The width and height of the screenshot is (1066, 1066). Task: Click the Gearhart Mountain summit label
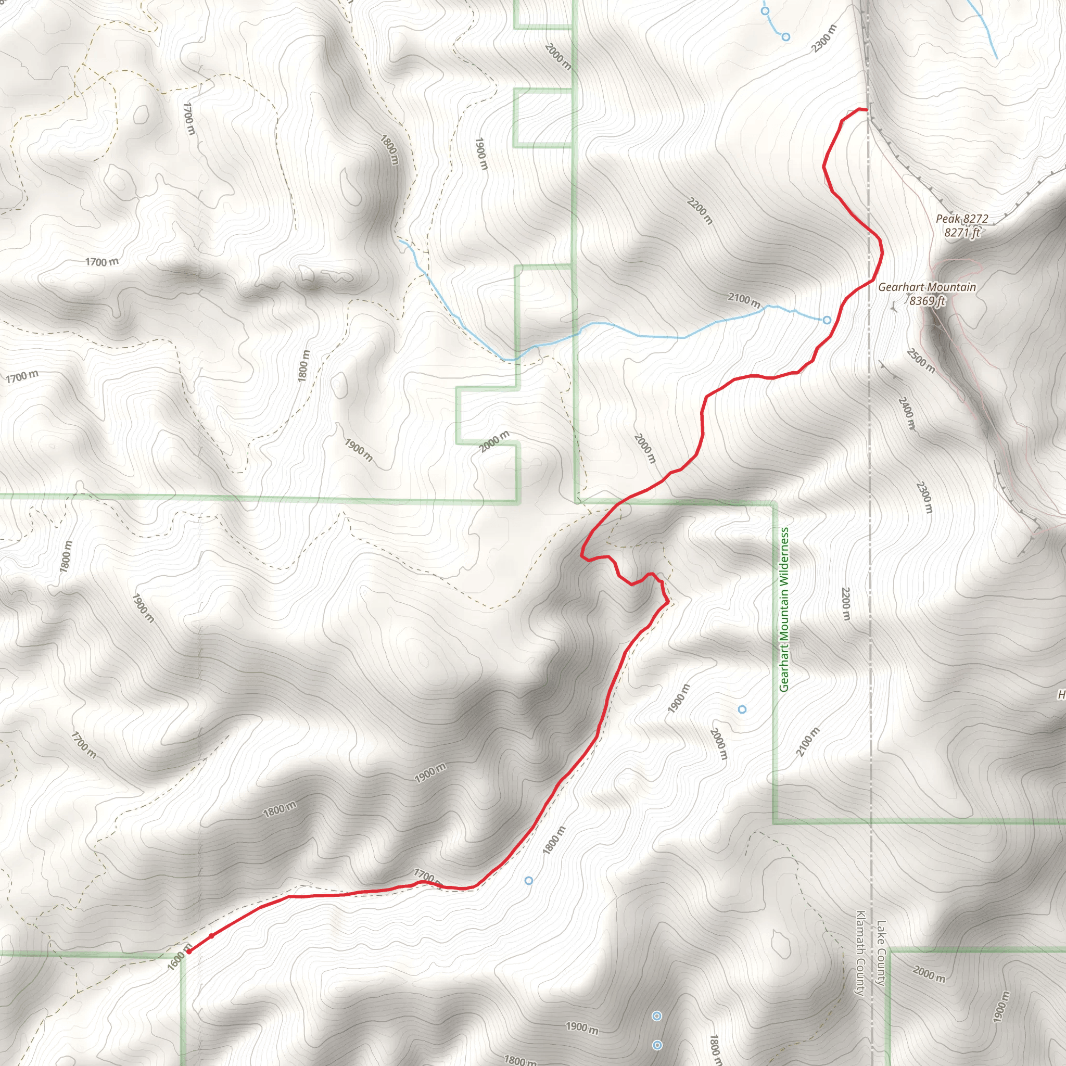tap(927, 287)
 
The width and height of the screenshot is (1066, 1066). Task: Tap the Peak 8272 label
tap(962, 219)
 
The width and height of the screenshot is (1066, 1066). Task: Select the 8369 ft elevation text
tap(927, 301)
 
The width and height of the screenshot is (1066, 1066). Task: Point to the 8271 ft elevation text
tap(962, 232)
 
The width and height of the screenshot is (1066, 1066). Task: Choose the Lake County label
tap(881, 953)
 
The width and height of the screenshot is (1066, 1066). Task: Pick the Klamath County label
tap(860, 953)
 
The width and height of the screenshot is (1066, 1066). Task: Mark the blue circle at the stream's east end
tap(827, 320)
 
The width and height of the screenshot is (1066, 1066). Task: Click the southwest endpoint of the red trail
tap(189, 951)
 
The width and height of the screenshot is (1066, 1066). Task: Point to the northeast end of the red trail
tap(866, 110)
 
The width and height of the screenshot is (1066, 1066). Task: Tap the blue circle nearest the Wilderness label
tap(742, 709)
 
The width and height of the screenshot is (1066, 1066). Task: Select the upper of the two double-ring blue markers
tap(656, 1017)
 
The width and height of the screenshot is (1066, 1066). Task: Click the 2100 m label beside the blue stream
tap(744, 300)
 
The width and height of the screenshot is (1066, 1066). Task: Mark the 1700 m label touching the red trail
tap(426, 876)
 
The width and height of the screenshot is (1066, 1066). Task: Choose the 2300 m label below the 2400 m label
tap(924, 497)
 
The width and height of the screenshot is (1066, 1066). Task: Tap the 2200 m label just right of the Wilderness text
tap(846, 604)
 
